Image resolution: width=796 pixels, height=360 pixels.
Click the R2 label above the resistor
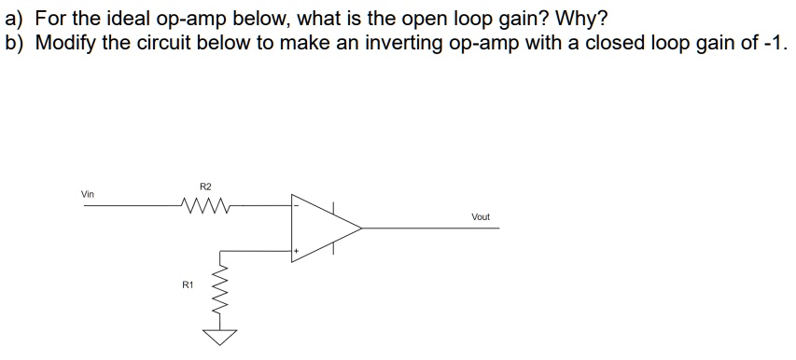206,186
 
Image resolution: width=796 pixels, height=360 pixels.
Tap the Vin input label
88,194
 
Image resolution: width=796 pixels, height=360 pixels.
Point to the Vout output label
481,216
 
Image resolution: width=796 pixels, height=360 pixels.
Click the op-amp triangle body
322,227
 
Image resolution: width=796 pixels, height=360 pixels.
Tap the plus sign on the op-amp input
298,250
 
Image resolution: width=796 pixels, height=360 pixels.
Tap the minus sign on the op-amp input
298,205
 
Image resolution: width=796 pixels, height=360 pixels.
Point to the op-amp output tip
361,227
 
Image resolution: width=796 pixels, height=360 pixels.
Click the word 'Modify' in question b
64,43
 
